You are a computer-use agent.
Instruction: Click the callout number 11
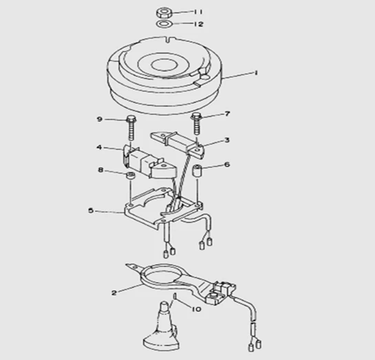pyautogui.click(x=198, y=12)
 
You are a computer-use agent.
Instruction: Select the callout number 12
pyautogui.click(x=198, y=24)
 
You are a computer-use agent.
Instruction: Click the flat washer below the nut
pyautogui.click(x=164, y=24)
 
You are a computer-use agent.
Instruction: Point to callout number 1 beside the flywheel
pyautogui.click(x=256, y=72)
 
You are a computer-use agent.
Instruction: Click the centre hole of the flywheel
pyautogui.click(x=164, y=65)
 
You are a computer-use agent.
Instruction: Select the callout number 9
pyautogui.click(x=100, y=119)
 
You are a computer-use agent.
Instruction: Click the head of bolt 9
pyautogui.click(x=131, y=118)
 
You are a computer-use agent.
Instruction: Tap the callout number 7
pyautogui.click(x=227, y=114)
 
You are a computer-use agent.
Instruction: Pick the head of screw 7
pyautogui.click(x=196, y=117)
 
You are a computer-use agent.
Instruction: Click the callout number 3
pyautogui.click(x=227, y=140)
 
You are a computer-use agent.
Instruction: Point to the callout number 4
pyautogui.click(x=99, y=147)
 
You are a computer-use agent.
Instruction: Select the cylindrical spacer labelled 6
pyautogui.click(x=197, y=169)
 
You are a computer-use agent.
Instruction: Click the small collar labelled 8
pyautogui.click(x=131, y=176)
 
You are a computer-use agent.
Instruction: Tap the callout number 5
pyautogui.click(x=91, y=211)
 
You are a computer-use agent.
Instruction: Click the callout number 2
pyautogui.click(x=114, y=293)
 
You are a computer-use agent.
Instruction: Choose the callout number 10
pyautogui.click(x=196, y=309)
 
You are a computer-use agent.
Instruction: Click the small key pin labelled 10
pyautogui.click(x=175, y=296)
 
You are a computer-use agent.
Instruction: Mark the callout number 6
pyautogui.click(x=227, y=165)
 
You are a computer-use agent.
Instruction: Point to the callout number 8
pyautogui.click(x=100, y=170)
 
